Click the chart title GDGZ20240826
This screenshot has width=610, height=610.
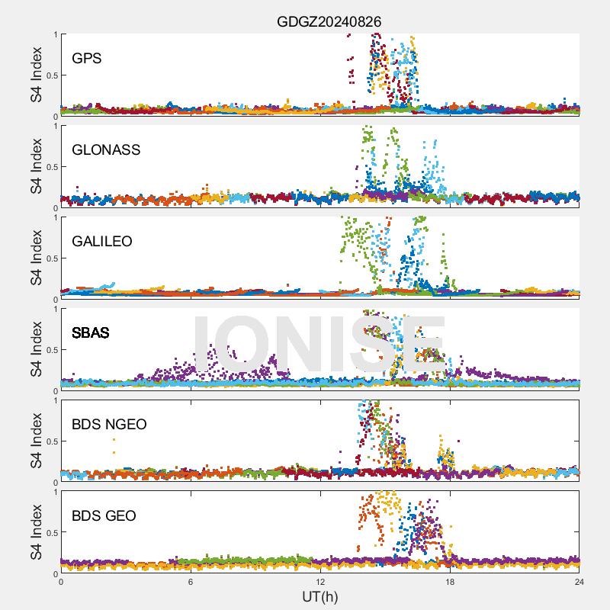[329, 21]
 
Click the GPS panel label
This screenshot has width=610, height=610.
[86, 58]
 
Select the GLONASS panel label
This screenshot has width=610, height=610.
[106, 149]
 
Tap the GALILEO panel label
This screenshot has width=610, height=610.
[102, 241]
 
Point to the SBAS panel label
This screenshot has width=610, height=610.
[91, 332]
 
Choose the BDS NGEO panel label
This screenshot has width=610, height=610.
[109, 424]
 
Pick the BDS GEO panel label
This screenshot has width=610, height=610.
[104, 516]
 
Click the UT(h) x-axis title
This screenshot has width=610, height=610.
[319, 597]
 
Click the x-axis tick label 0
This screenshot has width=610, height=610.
[61, 582]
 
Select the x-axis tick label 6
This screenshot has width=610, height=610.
[191, 582]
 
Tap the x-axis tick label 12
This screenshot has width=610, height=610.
[320, 582]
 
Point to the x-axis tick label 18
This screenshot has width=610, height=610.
[450, 582]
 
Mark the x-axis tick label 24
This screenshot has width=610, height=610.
[579, 582]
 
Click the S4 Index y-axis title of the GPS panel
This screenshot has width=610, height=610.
[37, 75]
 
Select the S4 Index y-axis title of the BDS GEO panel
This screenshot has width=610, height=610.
[37, 532]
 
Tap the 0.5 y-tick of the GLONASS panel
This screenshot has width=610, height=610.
[50, 166]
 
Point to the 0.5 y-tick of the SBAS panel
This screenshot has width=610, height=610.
[50, 349]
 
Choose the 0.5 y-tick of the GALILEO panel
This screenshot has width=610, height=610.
[50, 258]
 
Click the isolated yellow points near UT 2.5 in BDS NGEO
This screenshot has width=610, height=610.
[114, 445]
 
